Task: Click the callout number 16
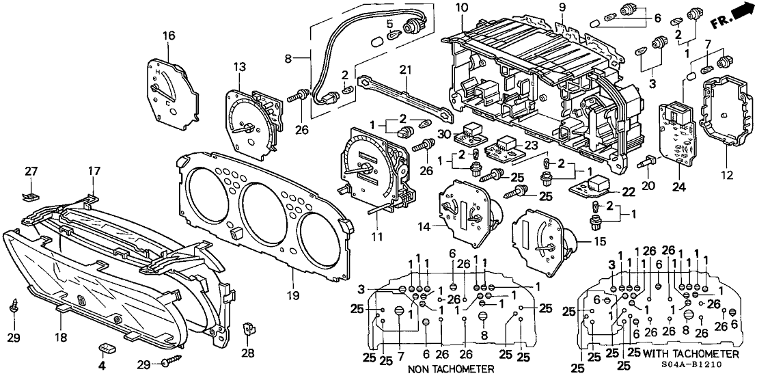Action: coord(169,36)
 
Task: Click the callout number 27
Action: coord(31,171)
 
